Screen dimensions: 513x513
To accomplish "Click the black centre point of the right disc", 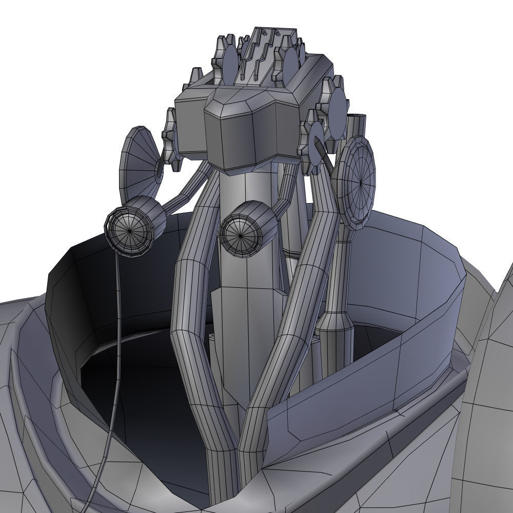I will pos(362,182).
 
